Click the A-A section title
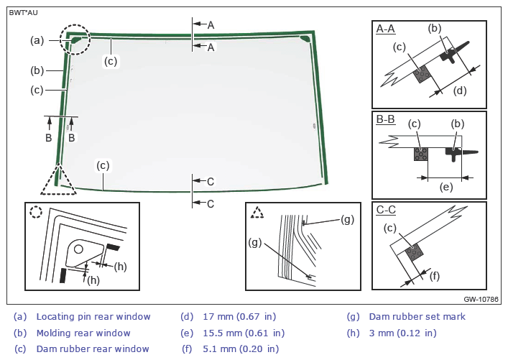click(x=385, y=29)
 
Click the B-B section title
click(x=385, y=119)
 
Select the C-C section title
click(x=385, y=210)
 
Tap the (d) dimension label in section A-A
click(x=460, y=91)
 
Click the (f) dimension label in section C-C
click(x=435, y=275)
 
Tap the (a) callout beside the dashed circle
click(x=37, y=40)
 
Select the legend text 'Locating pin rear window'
click(x=93, y=316)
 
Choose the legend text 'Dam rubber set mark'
click(x=417, y=316)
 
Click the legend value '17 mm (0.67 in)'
click(x=240, y=316)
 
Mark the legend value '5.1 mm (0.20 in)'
click(x=241, y=349)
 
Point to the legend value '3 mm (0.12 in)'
click(x=402, y=333)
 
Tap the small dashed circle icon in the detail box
click(x=37, y=213)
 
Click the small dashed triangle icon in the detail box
click(x=257, y=212)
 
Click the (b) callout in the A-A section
click(x=434, y=29)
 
